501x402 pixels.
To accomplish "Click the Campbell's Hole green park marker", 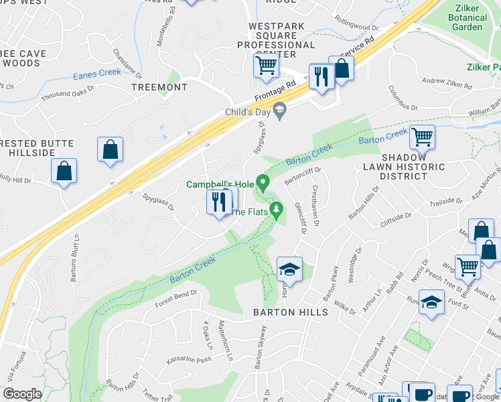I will point(263,182).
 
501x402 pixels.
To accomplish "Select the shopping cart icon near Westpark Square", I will point(267,66).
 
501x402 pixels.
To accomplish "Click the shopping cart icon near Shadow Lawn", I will point(422,137).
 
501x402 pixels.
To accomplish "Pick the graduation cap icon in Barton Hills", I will point(289,269).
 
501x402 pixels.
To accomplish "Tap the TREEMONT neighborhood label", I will point(159,88).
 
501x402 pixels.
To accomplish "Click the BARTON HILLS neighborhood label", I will point(290,312).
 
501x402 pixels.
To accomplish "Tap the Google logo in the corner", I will point(22,394).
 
